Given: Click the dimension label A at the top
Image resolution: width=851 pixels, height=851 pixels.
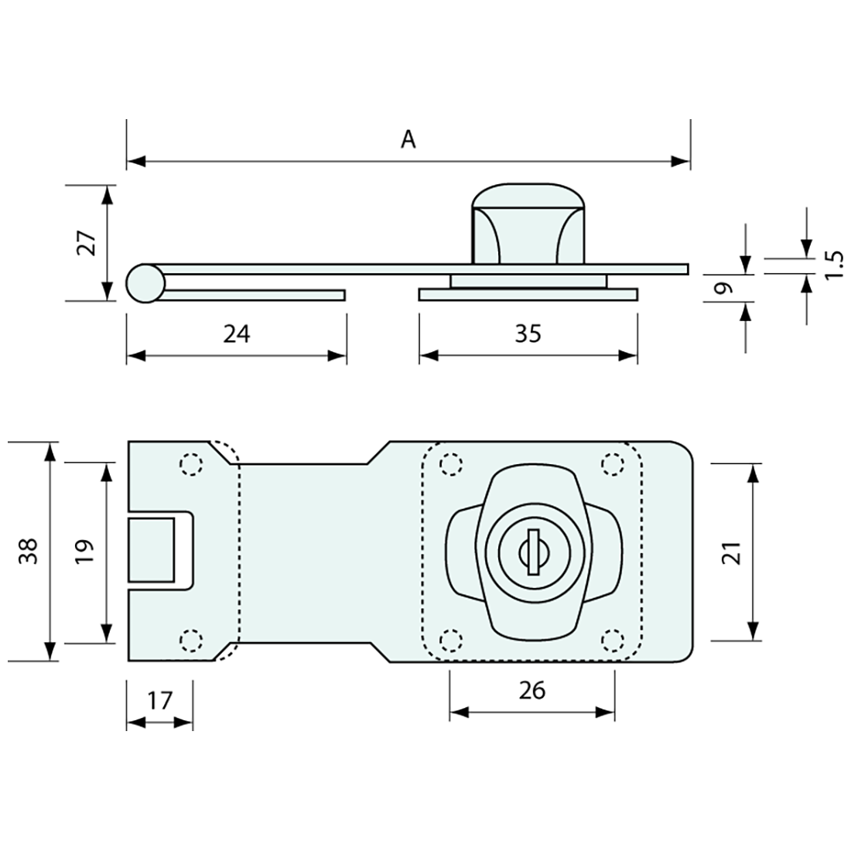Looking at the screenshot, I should pyautogui.click(x=408, y=139).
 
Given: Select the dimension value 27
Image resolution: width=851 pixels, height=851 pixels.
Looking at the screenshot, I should pyautogui.click(x=86, y=243).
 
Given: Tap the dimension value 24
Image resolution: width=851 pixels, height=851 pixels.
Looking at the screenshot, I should pyautogui.click(x=237, y=333).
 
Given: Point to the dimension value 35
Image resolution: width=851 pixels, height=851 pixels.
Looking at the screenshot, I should pyautogui.click(x=528, y=333).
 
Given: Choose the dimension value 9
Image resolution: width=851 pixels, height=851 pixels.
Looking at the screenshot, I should pyautogui.click(x=723, y=289).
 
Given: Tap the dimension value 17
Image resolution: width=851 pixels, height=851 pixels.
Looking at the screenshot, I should pyautogui.click(x=159, y=701).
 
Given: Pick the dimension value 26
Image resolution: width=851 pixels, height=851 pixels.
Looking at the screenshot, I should pyautogui.click(x=532, y=690).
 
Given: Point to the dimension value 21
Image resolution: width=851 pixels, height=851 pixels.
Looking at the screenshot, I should pyautogui.click(x=734, y=552).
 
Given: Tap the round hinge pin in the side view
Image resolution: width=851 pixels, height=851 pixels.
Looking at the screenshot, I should pyautogui.click(x=145, y=283).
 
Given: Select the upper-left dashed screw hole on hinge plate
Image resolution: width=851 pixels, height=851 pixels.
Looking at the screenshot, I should pyautogui.click(x=190, y=463).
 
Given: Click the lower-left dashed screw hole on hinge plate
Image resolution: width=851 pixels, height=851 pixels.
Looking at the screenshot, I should pyautogui.click(x=190, y=640).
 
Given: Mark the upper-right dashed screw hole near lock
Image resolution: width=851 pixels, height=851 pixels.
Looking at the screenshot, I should pyautogui.click(x=613, y=463).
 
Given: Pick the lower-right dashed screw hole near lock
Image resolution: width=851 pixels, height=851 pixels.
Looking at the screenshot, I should pyautogui.click(x=613, y=640).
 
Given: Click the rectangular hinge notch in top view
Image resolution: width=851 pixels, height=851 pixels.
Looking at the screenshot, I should pyautogui.click(x=152, y=549).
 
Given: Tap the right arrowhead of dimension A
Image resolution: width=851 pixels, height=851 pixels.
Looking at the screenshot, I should pyautogui.click(x=681, y=162).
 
